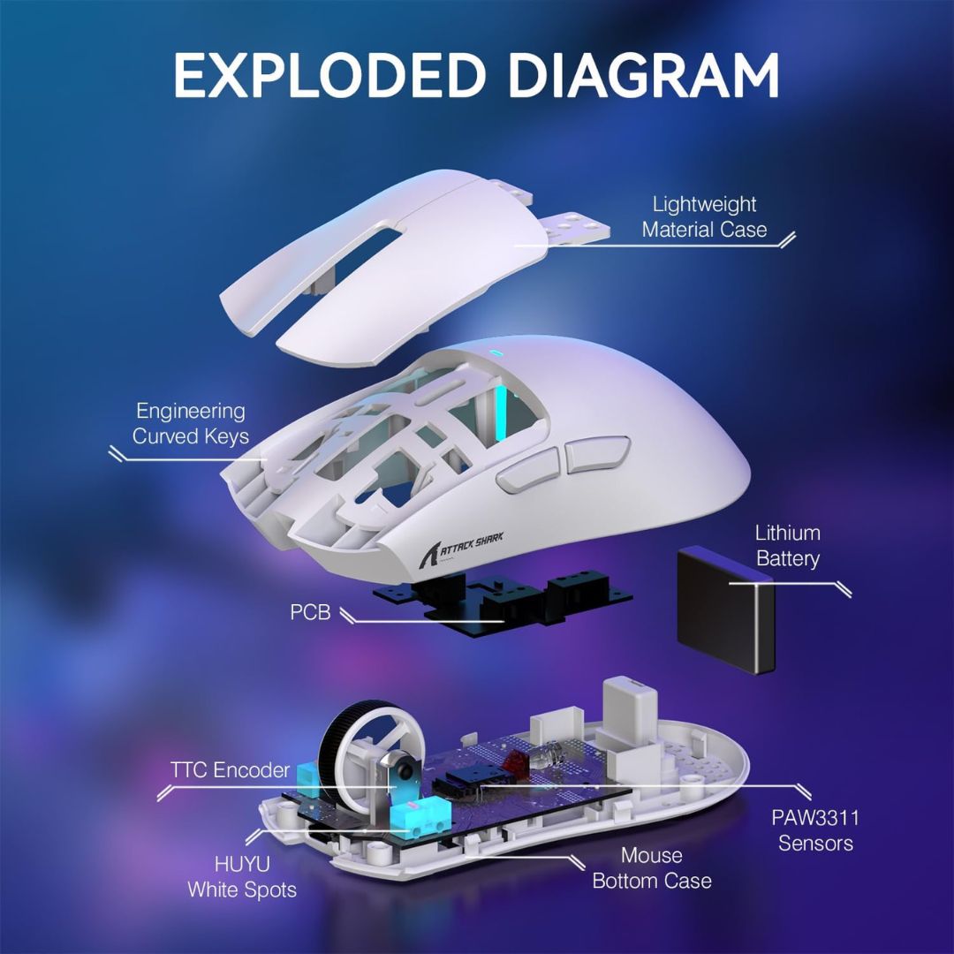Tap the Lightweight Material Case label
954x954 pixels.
pyautogui.click(x=704, y=217)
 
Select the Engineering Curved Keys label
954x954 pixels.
pyautogui.click(x=190, y=423)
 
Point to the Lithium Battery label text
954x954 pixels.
pyautogui.click(x=787, y=546)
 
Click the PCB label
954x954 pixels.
pyautogui.click(x=310, y=611)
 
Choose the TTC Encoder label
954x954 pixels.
pyautogui.click(x=230, y=770)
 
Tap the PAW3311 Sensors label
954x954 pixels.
pyautogui.click(x=814, y=830)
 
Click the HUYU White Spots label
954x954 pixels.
pyautogui.click(x=241, y=876)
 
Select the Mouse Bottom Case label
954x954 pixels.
pyautogui.click(x=651, y=868)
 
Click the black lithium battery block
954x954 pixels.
pyautogui.click(x=724, y=609)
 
